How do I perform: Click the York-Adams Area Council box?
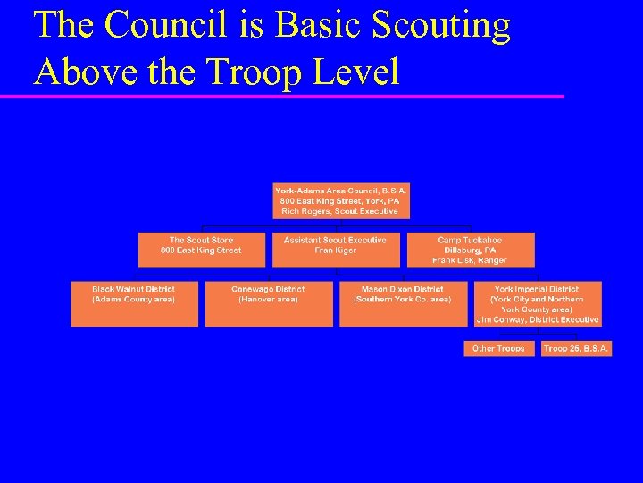point(340,201)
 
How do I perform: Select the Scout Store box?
point(201,250)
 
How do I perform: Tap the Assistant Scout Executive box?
point(335,250)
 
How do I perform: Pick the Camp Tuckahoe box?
point(470,250)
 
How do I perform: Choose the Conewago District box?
point(268,304)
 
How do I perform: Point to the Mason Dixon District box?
point(402,304)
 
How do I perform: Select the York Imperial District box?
point(538,304)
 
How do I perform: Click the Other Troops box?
point(498,348)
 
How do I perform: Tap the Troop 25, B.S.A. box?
point(576,348)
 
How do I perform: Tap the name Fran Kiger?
point(335,250)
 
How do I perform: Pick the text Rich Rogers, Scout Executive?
point(340,211)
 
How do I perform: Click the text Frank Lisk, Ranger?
point(470,260)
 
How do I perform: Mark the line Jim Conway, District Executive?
point(538,319)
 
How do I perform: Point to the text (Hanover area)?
point(268,299)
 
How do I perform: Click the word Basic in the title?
point(316,25)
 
